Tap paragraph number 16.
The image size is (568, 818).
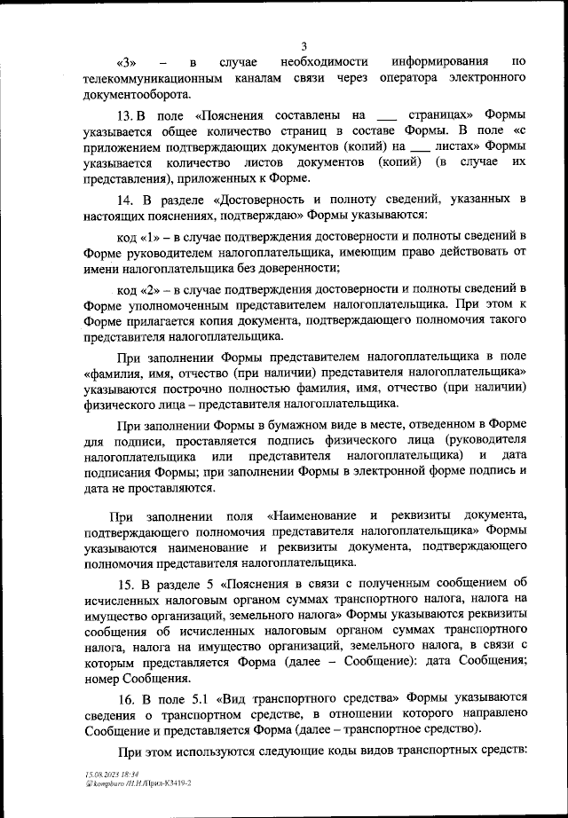click(x=126, y=697)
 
